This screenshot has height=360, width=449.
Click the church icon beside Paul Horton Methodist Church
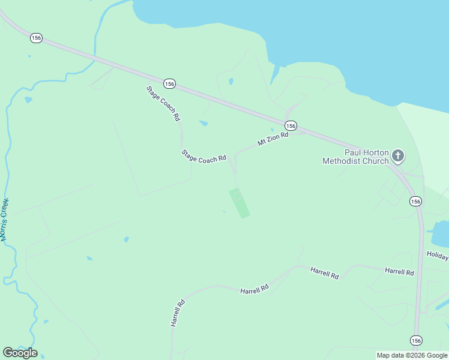397,157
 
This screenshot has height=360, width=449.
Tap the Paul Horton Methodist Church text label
355,157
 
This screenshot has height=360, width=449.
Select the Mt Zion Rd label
273,139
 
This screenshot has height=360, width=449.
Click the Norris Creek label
5,220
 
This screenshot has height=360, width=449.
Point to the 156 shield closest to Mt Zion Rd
291,125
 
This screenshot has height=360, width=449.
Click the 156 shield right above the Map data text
415,340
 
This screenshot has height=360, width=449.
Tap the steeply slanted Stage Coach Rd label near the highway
163,103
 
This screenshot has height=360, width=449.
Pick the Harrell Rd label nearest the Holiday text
399,272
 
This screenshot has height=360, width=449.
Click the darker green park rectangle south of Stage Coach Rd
239,203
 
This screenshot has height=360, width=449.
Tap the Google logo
20,352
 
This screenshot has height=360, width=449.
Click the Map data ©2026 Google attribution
412,355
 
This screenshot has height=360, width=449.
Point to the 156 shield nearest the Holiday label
415,201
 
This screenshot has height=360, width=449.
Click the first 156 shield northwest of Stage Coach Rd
37,38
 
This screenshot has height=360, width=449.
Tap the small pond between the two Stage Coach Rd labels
203,124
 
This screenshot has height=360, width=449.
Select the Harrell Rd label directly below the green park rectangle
255,290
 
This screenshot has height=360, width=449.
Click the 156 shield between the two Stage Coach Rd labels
169,84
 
